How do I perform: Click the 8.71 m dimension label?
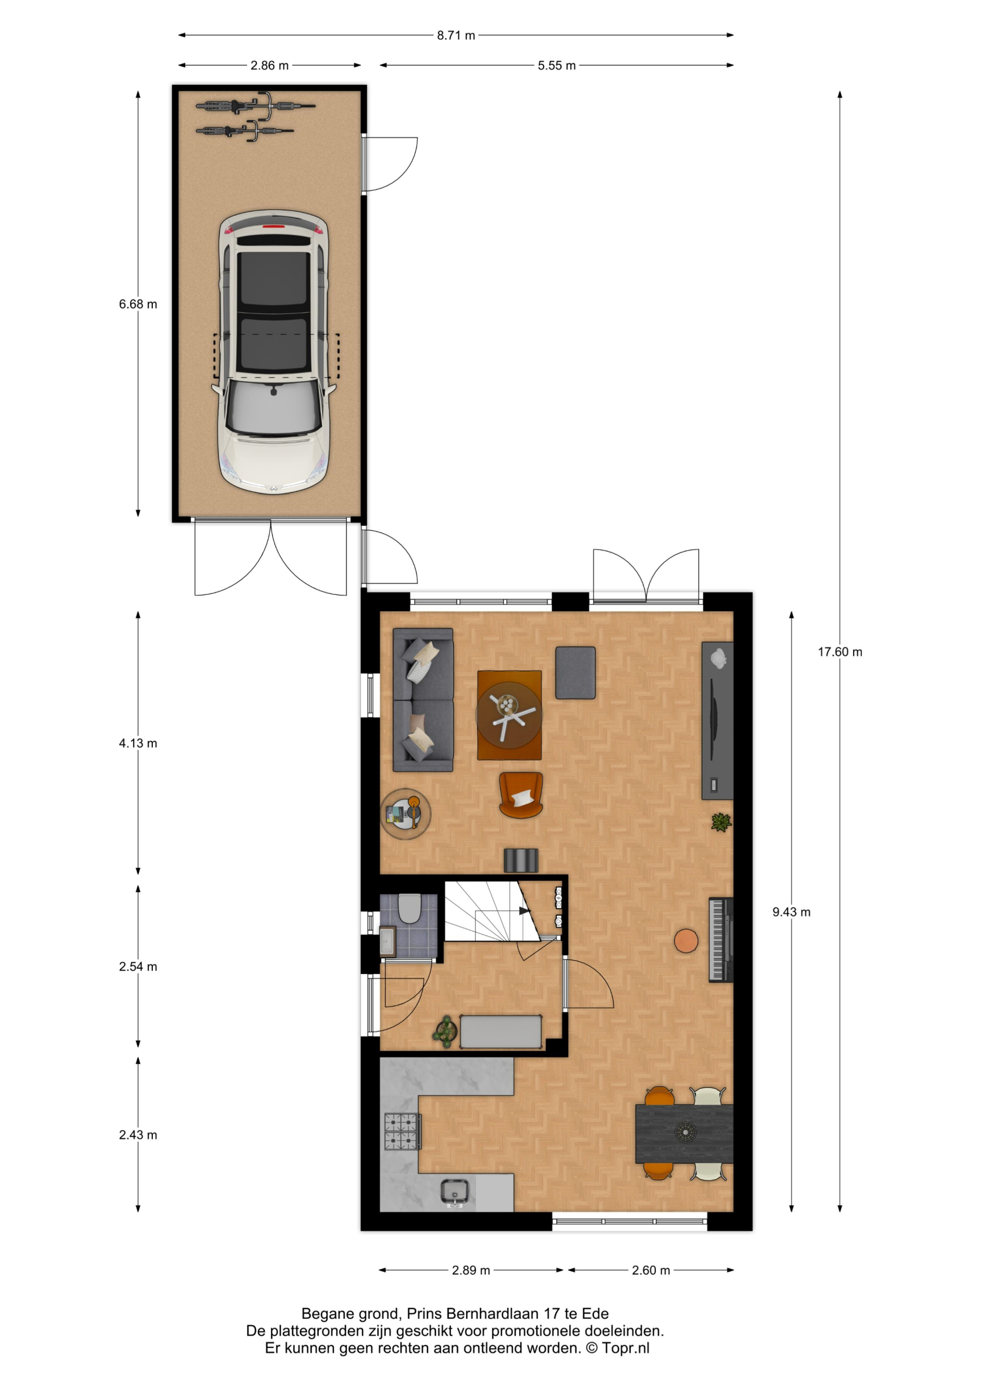coord(456,36)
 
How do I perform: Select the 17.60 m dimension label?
coord(840,652)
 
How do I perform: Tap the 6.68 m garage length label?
coord(138,304)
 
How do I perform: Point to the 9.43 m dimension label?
coord(791,912)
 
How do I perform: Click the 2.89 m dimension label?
coord(471,1271)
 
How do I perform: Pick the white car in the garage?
coord(274,352)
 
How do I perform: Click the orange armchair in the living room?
coord(520,795)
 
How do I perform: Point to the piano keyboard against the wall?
coord(720,940)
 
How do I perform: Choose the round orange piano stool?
coord(686,941)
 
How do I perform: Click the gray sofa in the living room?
coord(423,700)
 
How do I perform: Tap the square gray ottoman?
coord(576,673)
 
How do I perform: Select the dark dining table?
coord(684,1134)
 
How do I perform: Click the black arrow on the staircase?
coord(524,910)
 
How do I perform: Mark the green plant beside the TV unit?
coord(721,822)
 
